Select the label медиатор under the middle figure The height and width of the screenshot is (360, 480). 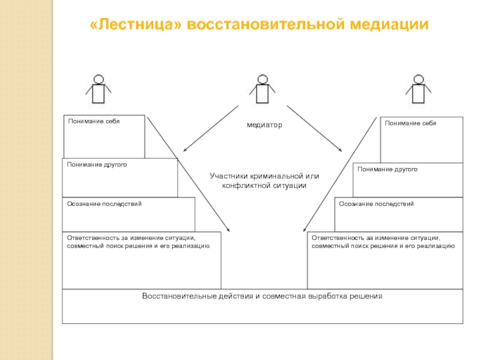pyautogui.click(x=264, y=125)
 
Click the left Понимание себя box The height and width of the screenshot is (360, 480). pyautogui.click(x=104, y=136)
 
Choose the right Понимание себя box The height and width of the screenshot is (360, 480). pyautogui.click(x=421, y=139)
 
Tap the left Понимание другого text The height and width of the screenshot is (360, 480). pyautogui.click(x=97, y=164)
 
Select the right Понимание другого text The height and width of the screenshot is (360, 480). pyautogui.click(x=387, y=170)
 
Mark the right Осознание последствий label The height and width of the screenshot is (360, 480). pyautogui.click(x=376, y=204)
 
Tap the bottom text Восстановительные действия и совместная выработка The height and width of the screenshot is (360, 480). pyautogui.click(x=262, y=296)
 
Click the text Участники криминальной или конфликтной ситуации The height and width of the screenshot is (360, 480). pyautogui.click(x=264, y=181)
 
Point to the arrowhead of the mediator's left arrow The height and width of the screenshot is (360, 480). pyautogui.click(x=185, y=151)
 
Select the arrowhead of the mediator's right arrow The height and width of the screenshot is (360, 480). pyautogui.click(x=341, y=151)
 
